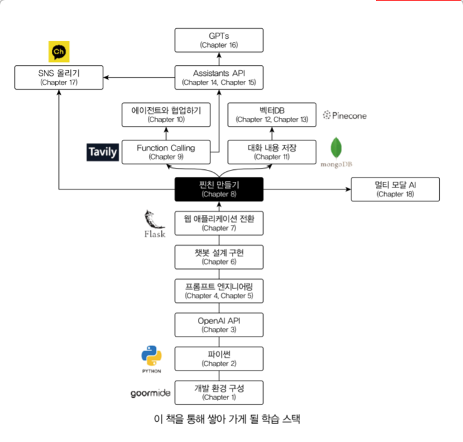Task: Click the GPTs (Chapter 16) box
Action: coord(219,40)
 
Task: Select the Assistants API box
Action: coord(219,77)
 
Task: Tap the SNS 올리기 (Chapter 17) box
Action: coord(59,77)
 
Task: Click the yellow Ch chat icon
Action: coord(59,51)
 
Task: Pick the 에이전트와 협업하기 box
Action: coord(166,115)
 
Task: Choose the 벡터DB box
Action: coord(272,115)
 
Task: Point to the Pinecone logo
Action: coord(345,115)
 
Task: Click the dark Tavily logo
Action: coord(103,152)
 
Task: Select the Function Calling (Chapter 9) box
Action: coord(166,152)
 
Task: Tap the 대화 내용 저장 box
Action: coord(272,152)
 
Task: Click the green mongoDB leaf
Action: coord(336,147)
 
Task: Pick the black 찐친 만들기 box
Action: coord(219,189)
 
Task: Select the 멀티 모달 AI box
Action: coord(395,189)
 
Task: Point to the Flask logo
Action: coord(155,224)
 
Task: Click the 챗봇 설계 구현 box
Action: coord(219,257)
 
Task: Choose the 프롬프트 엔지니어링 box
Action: coord(219,291)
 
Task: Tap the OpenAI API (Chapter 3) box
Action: coord(219,325)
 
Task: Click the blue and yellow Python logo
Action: coord(152,355)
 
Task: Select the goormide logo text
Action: coord(150,393)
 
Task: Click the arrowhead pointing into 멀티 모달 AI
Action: coord(348,189)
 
